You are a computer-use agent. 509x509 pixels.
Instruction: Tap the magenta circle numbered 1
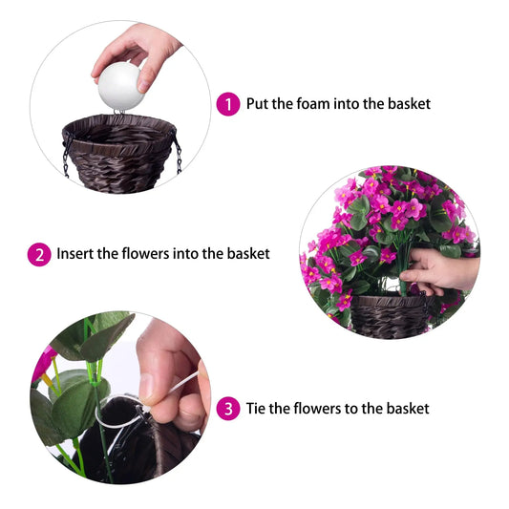[227, 104]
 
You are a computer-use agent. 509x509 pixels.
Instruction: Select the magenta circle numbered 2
[39, 254]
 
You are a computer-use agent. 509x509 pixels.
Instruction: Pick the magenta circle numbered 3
[227, 409]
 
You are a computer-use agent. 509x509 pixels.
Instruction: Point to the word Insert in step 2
[74, 253]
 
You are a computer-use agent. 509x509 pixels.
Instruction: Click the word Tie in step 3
[257, 408]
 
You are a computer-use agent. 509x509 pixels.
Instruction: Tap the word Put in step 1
[259, 103]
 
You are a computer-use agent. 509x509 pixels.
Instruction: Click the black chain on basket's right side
[178, 155]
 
